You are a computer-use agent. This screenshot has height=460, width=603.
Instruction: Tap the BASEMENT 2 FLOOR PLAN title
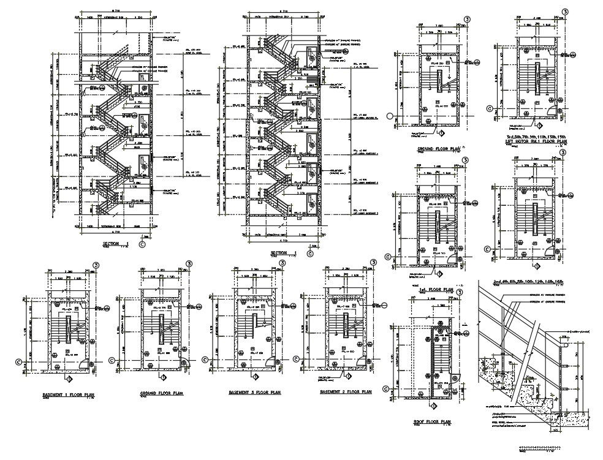346,391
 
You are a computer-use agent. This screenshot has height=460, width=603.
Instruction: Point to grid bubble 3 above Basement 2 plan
372,263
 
